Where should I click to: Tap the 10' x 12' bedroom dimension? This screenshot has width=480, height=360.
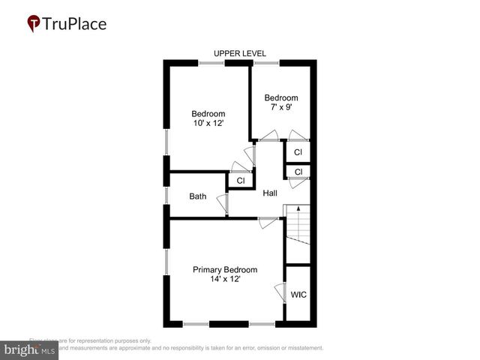click(x=208, y=124)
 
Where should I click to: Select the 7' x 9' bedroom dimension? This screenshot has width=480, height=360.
click(x=281, y=107)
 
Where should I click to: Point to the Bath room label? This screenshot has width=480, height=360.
click(x=198, y=196)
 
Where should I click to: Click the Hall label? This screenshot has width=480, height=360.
click(x=270, y=193)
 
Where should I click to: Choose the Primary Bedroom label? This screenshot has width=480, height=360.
click(x=225, y=270)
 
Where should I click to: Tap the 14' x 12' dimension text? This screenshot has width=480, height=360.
click(x=225, y=280)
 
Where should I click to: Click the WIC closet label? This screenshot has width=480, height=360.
click(x=298, y=295)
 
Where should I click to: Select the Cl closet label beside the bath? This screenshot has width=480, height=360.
click(x=241, y=181)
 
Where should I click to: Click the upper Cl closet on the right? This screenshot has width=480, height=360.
click(x=298, y=152)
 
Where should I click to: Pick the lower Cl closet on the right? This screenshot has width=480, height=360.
click(x=298, y=172)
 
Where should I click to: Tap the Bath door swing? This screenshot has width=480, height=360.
click(x=222, y=205)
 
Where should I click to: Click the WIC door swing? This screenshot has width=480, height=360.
click(x=280, y=292)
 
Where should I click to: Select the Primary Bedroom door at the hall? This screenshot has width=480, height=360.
click(x=267, y=222)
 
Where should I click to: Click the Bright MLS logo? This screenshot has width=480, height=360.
click(x=30, y=350)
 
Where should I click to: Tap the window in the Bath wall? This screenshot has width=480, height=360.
click(x=166, y=196)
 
